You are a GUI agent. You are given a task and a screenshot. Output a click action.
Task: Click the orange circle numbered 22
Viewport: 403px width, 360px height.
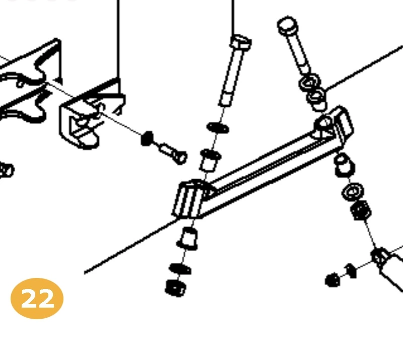[x=37, y=299]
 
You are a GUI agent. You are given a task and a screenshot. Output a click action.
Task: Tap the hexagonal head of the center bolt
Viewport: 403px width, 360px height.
[x=241, y=42]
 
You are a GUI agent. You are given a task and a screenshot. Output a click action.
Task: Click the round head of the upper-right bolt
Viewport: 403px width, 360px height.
[x=288, y=25]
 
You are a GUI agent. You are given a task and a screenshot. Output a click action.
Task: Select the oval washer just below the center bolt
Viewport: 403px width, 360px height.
[x=218, y=127]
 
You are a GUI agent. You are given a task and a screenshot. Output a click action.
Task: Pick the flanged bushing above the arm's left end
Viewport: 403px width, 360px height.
[x=210, y=160]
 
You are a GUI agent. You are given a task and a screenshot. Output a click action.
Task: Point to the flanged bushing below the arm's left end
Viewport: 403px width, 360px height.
[x=187, y=239]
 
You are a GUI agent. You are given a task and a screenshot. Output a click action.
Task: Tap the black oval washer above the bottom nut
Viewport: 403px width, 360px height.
[x=180, y=269]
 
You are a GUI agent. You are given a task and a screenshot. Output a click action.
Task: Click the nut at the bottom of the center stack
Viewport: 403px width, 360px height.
[x=175, y=288]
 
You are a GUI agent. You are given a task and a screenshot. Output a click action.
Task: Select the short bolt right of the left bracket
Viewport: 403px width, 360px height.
[x=173, y=153]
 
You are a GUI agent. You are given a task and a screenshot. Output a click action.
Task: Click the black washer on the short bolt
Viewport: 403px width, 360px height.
[x=147, y=138]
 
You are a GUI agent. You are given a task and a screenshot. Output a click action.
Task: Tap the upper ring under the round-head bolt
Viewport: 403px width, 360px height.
[x=309, y=82]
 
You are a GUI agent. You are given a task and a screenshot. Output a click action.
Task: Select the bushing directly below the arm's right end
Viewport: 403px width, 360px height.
[x=345, y=165]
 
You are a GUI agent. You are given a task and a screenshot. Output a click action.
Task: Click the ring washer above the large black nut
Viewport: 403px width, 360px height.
[x=353, y=191]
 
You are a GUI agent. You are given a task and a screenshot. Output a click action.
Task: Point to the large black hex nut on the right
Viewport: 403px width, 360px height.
[x=361, y=210]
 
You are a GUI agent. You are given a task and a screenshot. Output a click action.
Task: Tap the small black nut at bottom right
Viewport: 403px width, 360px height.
[x=332, y=280]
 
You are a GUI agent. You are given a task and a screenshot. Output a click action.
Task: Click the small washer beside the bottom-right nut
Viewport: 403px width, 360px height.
[x=351, y=271]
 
